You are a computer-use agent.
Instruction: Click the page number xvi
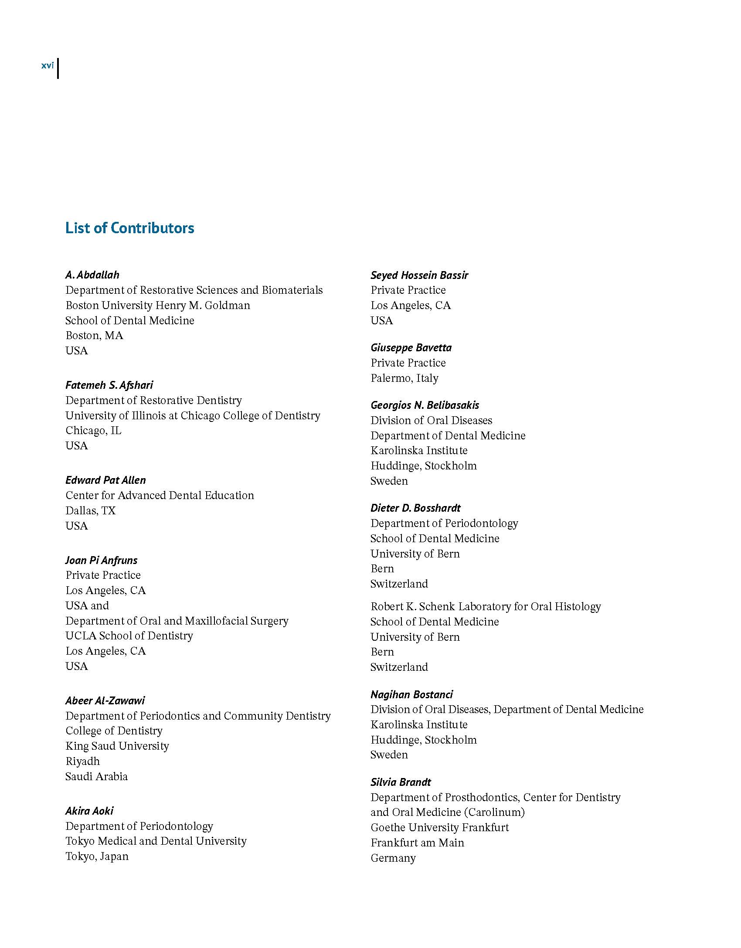[48, 66]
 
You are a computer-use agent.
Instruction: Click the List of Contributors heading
[129, 228]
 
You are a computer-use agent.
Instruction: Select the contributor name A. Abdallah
[92, 275]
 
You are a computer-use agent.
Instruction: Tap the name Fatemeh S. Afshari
[109, 385]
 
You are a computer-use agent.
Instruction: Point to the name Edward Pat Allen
[105, 480]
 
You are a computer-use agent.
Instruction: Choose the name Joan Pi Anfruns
[101, 560]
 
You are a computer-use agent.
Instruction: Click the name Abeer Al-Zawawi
[105, 701]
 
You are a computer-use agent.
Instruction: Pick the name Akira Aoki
[89, 811]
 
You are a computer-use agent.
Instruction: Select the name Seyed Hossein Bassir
[419, 275]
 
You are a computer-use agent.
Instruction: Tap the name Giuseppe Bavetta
[411, 348]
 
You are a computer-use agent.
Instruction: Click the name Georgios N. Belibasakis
[425, 405]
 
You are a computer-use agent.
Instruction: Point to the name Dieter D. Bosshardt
[415, 508]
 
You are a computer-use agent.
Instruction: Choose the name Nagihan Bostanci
[411, 695]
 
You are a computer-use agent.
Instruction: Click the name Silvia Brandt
[401, 782]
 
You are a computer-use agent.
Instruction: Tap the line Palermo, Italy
[404, 378]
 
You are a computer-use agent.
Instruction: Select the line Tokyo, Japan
[97, 856]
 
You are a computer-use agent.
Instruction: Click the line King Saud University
[117, 746]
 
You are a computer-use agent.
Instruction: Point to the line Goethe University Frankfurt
[439, 828]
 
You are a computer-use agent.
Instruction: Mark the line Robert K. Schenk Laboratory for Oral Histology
[486, 607]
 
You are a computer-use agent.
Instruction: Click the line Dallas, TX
[90, 510]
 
